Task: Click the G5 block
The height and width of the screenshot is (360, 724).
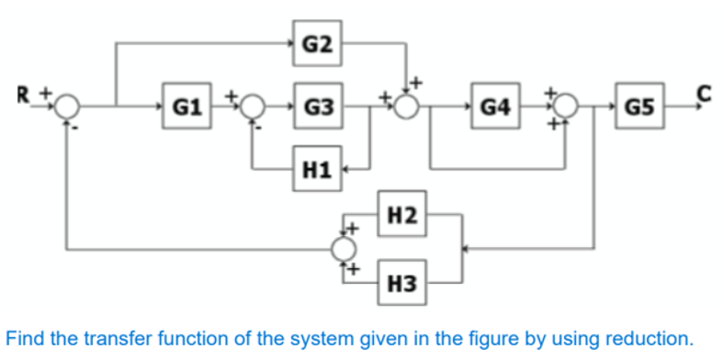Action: (x=639, y=107)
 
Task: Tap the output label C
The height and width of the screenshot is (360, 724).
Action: (x=704, y=91)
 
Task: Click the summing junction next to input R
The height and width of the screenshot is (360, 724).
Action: (x=67, y=107)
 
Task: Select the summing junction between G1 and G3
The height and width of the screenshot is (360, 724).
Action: (x=254, y=107)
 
